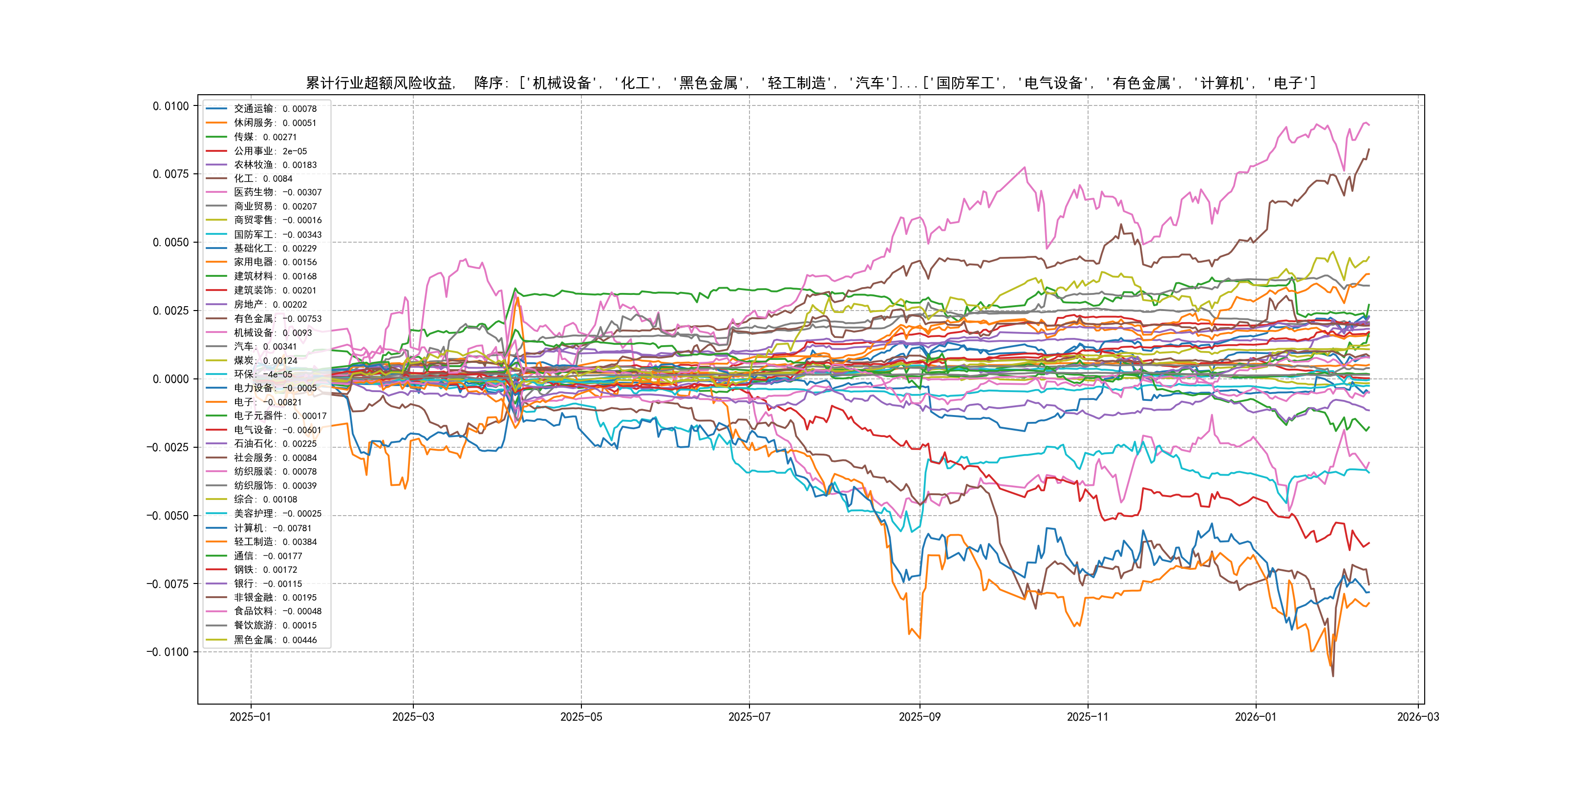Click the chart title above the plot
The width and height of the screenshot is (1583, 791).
click(811, 83)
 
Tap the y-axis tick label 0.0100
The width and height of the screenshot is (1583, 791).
click(171, 106)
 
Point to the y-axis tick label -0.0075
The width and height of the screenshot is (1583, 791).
click(168, 584)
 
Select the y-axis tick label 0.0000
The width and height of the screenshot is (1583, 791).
click(171, 379)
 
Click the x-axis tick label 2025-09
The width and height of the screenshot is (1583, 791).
click(920, 717)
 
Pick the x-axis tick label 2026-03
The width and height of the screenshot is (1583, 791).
click(1418, 717)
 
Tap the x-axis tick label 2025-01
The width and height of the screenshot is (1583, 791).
click(250, 717)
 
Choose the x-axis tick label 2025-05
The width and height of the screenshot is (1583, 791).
click(581, 717)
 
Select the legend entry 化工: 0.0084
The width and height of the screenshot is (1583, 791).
click(263, 179)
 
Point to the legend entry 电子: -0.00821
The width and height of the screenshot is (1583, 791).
click(267, 402)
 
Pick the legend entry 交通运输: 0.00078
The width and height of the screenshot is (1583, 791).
click(275, 109)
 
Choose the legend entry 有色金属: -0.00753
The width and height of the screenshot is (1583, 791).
click(277, 319)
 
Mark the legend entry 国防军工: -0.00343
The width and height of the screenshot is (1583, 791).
click(277, 234)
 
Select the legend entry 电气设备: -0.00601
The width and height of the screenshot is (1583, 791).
click(277, 430)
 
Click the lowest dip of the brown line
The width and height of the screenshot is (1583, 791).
click(1333, 676)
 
